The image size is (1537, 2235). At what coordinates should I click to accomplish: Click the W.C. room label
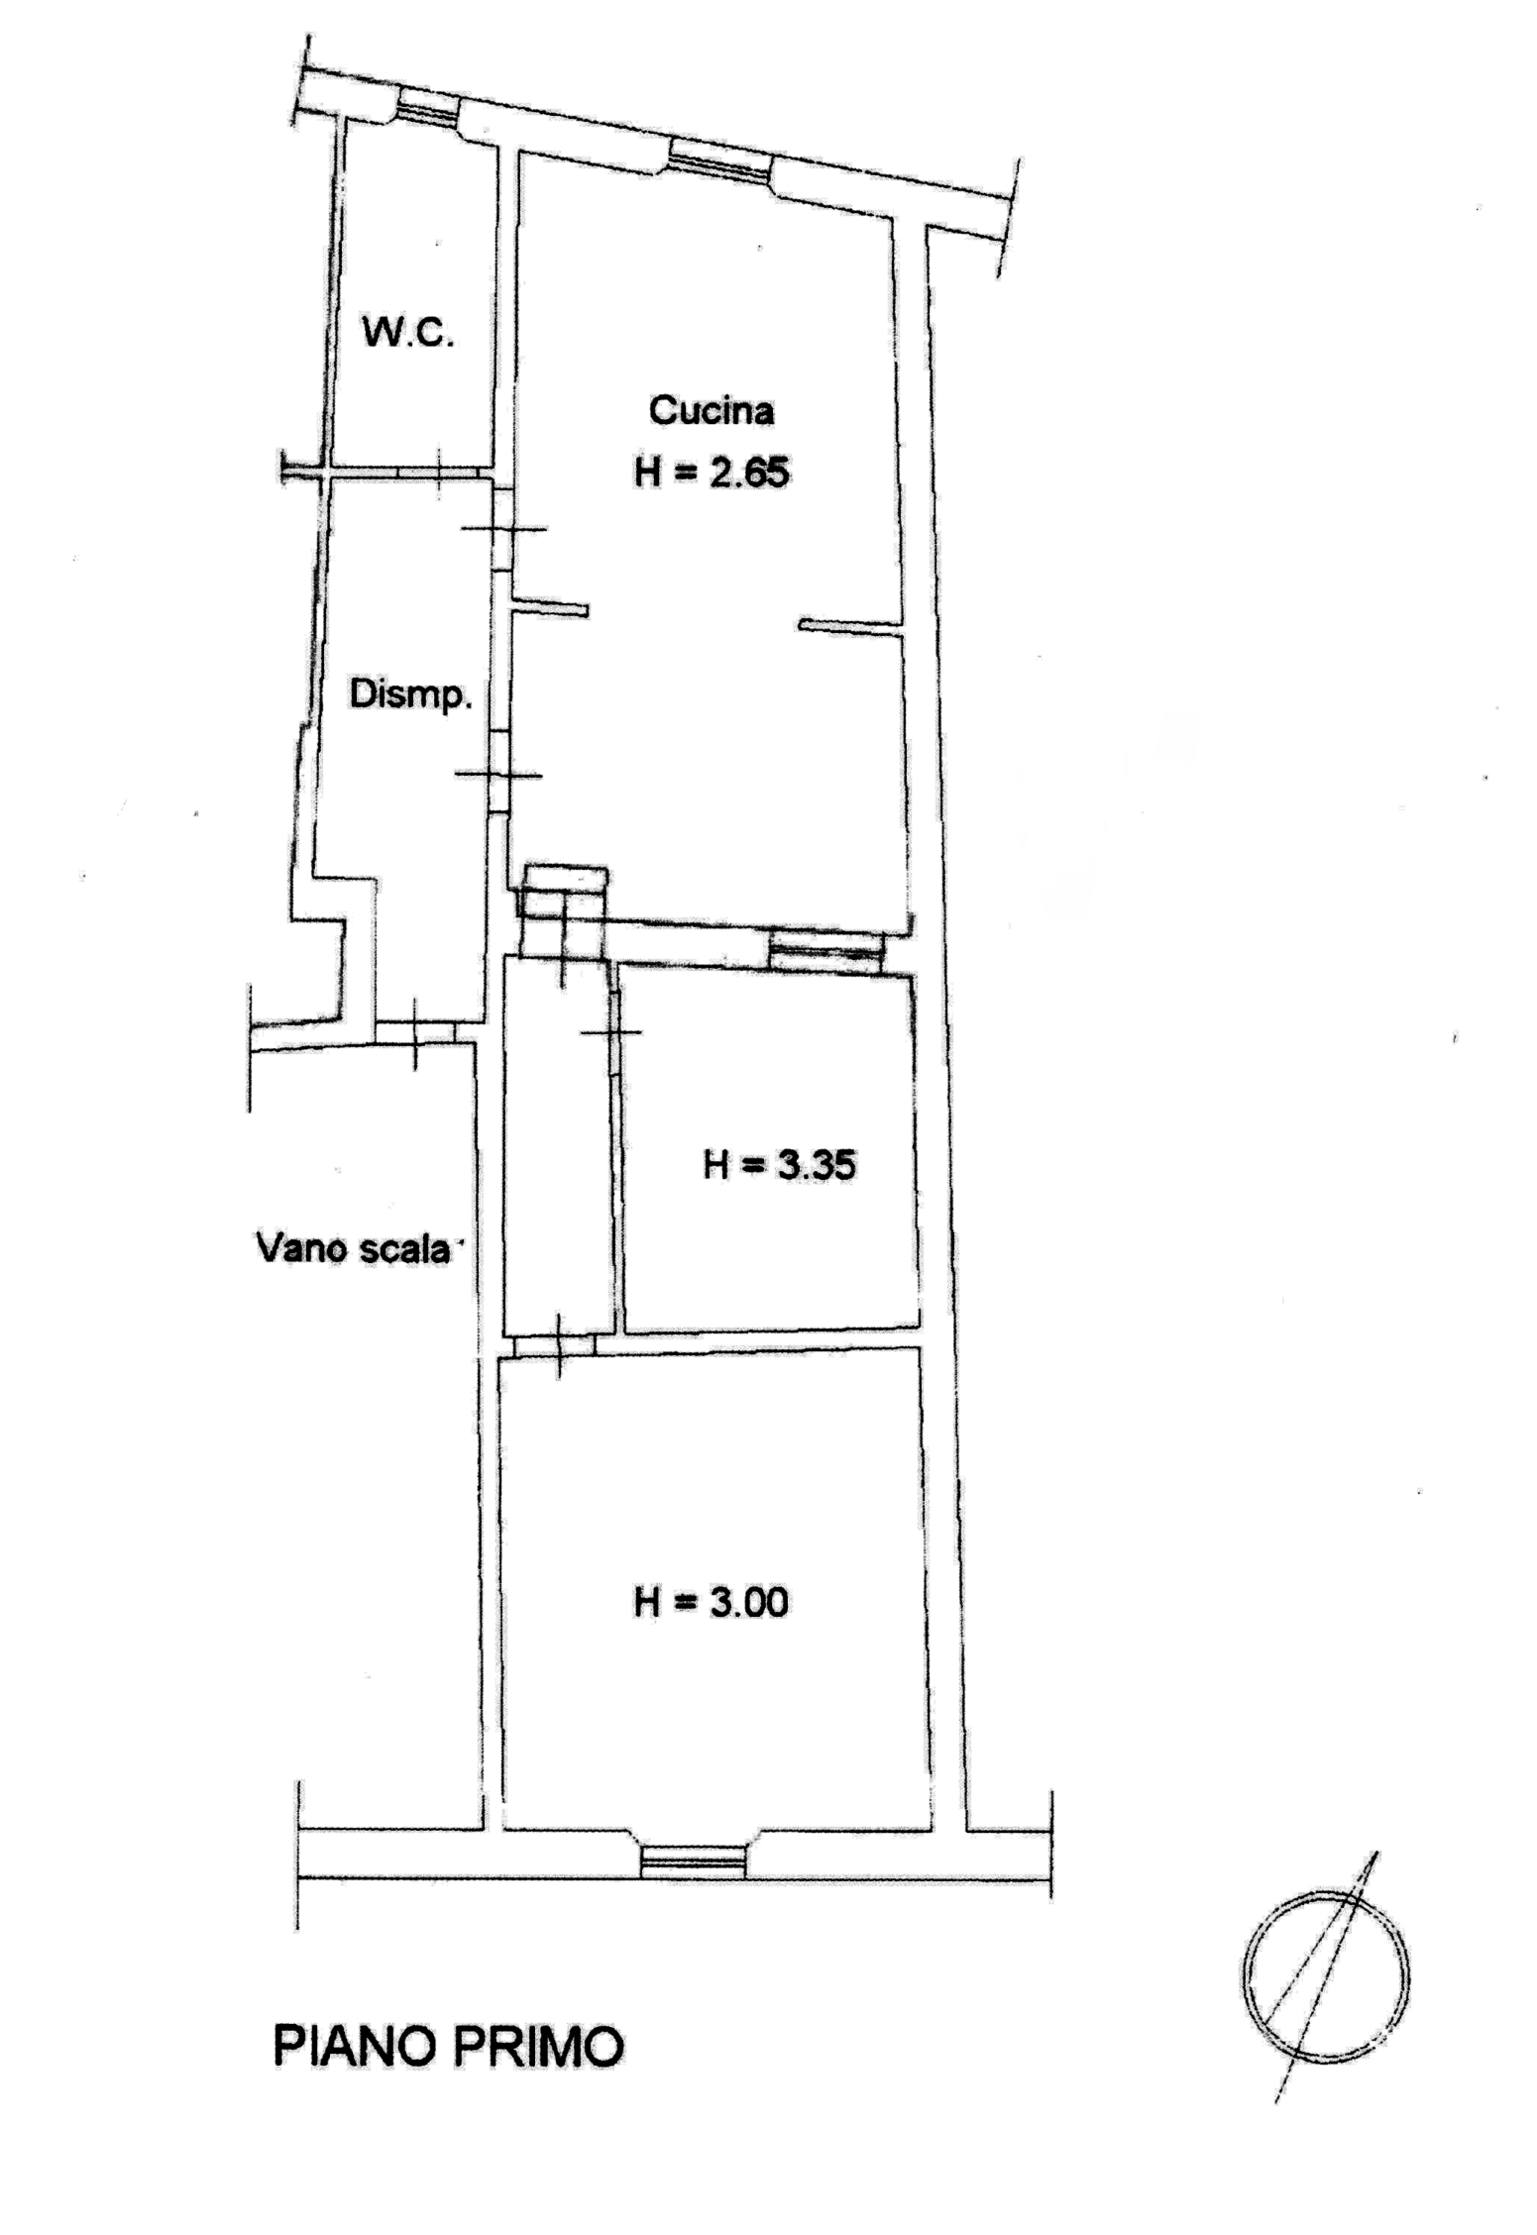click(408, 334)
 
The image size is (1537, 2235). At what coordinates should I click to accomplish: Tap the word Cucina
click(712, 410)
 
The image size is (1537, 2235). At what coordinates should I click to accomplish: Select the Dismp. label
click(410, 695)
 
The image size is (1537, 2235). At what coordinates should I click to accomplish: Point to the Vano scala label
click(354, 1248)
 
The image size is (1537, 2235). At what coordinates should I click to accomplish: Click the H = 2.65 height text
click(712, 473)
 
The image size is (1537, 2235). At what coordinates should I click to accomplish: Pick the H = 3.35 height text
click(779, 1165)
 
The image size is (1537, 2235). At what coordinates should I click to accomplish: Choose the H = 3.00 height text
click(712, 1602)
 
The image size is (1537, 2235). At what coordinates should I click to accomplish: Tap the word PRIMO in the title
click(537, 2048)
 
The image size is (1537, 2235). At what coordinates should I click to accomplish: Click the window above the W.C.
click(428, 104)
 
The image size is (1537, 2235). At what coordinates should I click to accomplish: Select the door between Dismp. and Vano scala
click(415, 1032)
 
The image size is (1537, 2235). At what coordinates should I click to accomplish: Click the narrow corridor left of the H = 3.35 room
click(557, 1146)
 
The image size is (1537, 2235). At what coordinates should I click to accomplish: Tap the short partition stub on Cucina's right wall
click(850, 626)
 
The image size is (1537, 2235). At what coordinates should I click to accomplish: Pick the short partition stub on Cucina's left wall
click(550, 606)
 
